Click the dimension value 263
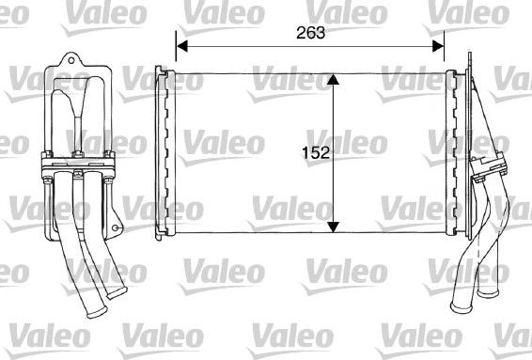[x=311, y=32]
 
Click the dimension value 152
[x=315, y=152]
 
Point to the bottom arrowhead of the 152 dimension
[x=333, y=226]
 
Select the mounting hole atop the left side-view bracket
[x=68, y=64]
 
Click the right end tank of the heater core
[x=459, y=150]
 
